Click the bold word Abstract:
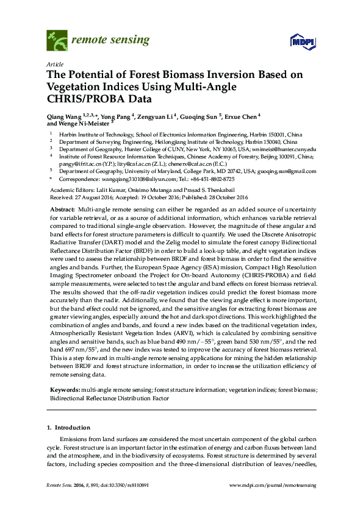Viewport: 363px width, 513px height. [63, 209]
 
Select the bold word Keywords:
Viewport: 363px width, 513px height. [65, 389]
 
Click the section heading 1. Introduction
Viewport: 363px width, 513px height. [68, 428]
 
